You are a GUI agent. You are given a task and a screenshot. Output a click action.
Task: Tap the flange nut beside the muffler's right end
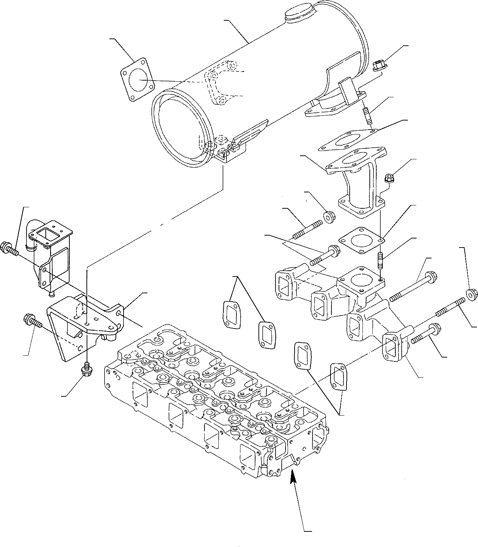pyautogui.click(x=380, y=66)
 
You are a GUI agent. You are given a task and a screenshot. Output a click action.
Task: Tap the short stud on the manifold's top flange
pyautogui.click(x=381, y=261)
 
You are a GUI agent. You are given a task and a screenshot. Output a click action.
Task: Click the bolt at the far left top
pyautogui.click(x=9, y=249)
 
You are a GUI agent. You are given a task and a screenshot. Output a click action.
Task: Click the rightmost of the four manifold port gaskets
pyautogui.click(x=339, y=377)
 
